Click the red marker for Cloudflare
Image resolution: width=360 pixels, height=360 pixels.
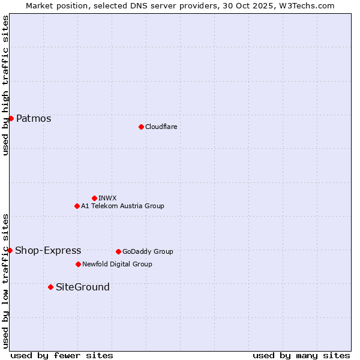click(141, 127)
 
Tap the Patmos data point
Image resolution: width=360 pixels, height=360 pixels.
click(11, 118)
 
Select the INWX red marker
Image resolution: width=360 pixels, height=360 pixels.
click(94, 198)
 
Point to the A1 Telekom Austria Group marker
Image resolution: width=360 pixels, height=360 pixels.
click(77, 206)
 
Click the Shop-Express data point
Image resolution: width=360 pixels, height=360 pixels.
click(10, 250)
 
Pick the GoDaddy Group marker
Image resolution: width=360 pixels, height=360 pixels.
click(118, 251)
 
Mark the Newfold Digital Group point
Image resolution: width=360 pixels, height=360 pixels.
click(78, 264)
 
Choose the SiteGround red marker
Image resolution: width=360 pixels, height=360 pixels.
click(50, 287)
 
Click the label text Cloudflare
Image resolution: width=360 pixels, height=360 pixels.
click(161, 127)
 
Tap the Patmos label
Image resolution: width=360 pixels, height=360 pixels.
click(34, 118)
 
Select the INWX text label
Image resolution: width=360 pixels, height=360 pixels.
click(107, 198)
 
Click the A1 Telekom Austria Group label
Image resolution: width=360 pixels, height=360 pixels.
click(122, 206)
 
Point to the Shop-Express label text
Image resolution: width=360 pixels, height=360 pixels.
click(48, 250)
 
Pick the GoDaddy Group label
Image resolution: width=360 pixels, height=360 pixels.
click(148, 251)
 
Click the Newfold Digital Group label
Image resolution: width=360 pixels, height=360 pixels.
click(117, 264)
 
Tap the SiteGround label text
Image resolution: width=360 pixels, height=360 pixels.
click(83, 287)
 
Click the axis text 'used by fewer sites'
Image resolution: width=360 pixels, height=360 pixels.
click(62, 355)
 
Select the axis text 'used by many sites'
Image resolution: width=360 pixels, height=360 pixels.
click(301, 355)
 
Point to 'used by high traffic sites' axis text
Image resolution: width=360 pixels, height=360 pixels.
click(5, 85)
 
